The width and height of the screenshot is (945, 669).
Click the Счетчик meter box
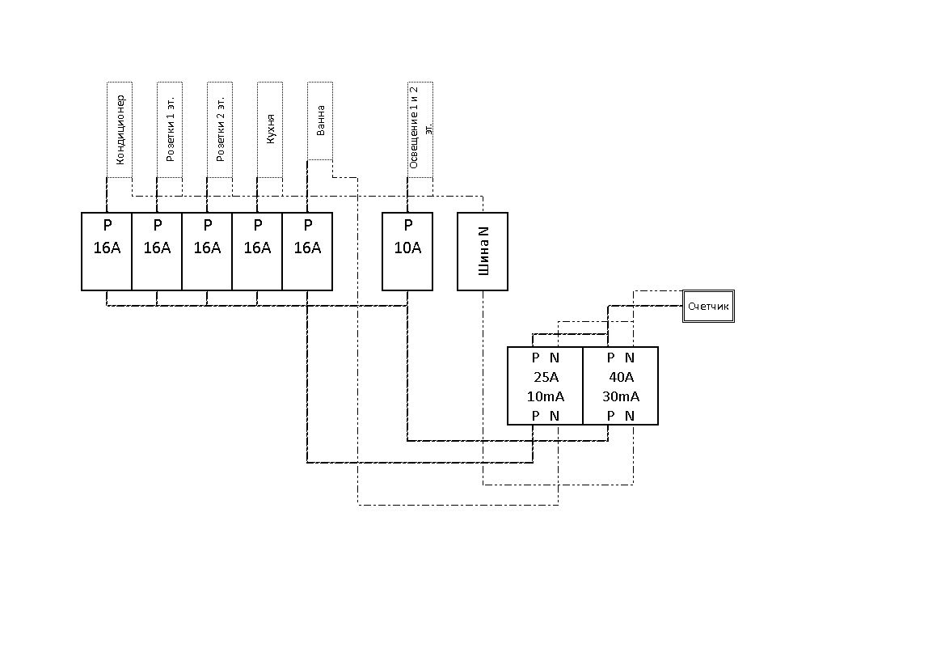[708, 307]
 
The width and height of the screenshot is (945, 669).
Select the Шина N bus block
[483, 251]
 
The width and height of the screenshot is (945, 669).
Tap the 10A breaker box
[407, 251]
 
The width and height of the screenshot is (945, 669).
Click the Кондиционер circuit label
[120, 129]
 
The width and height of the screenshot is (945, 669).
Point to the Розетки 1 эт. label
[170, 129]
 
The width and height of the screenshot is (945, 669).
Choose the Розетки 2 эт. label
[220, 129]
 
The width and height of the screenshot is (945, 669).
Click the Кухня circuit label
[270, 129]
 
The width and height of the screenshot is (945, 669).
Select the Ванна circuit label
[320, 120]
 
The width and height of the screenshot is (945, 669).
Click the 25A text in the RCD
[545, 377]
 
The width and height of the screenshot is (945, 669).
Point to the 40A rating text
[620, 377]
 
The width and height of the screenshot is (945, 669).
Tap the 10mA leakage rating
[545, 396]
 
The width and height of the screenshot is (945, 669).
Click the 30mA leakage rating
[620, 396]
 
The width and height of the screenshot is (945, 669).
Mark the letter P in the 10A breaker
[407, 226]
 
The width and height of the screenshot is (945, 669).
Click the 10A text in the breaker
[407, 248]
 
